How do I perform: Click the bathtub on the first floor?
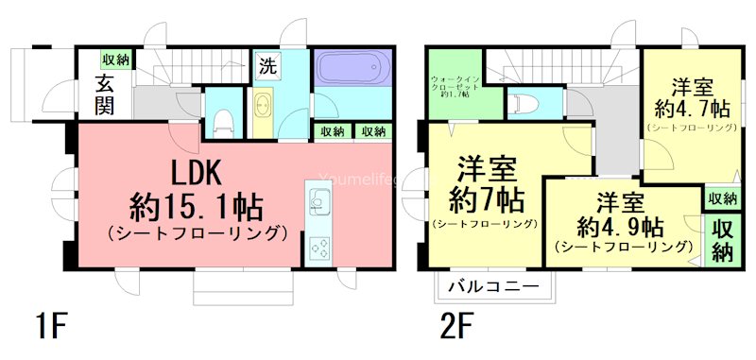point(349,69)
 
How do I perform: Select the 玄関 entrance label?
point(104,94)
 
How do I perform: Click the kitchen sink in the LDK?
point(318,200)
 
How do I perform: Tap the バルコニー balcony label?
point(492,285)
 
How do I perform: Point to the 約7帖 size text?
point(486,198)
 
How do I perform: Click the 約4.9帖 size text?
point(620,228)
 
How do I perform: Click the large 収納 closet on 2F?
point(723,240)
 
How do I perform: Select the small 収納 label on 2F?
point(722,198)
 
